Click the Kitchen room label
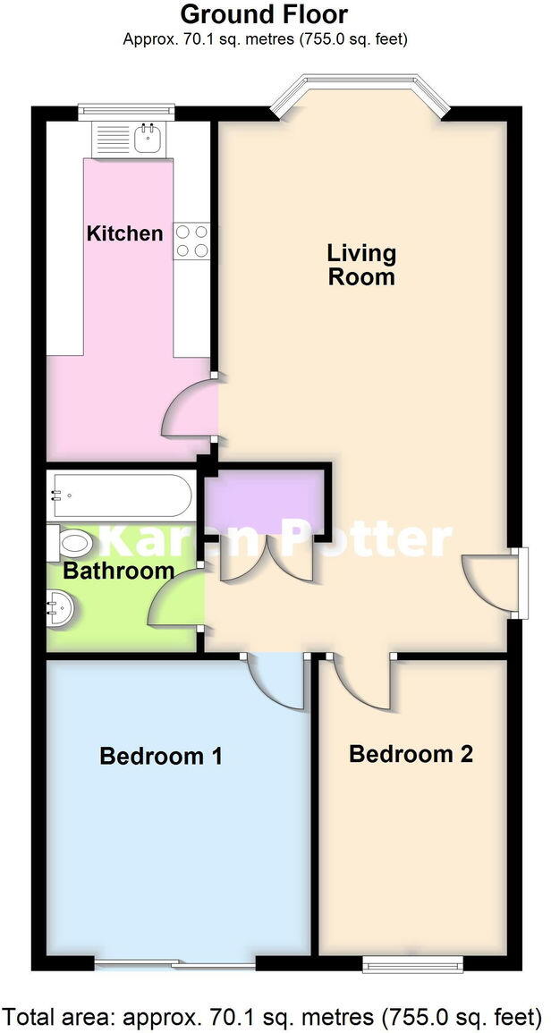tap(124, 233)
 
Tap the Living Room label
tap(361, 265)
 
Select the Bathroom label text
tap(118, 571)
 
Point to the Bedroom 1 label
tap(161, 757)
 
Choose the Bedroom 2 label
tap(411, 754)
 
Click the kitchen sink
tap(143, 139)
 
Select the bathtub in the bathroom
tap(120, 494)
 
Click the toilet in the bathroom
tap(72, 542)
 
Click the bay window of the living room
tap(358, 93)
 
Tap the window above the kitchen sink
tap(126, 111)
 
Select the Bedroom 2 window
tap(412, 962)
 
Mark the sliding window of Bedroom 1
tap(175, 963)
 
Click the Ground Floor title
tap(264, 14)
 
